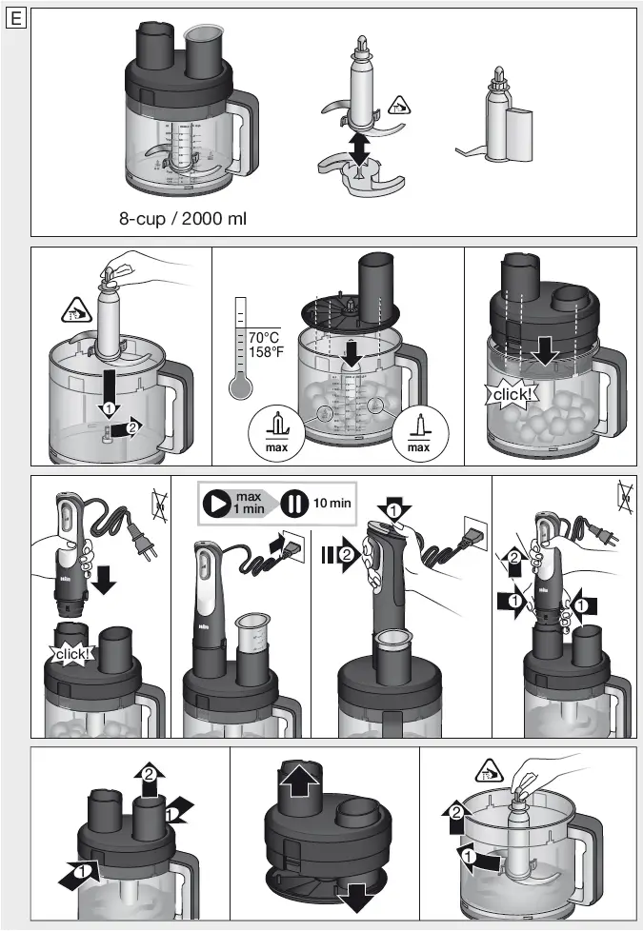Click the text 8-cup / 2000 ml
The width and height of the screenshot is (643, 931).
[x=182, y=219]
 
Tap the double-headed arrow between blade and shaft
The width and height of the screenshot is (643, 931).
[x=359, y=147]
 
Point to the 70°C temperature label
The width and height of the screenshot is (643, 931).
[x=266, y=338]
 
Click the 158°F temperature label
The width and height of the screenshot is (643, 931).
[x=266, y=352]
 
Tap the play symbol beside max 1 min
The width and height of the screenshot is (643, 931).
[x=219, y=503]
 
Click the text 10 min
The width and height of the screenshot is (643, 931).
[x=332, y=503]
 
